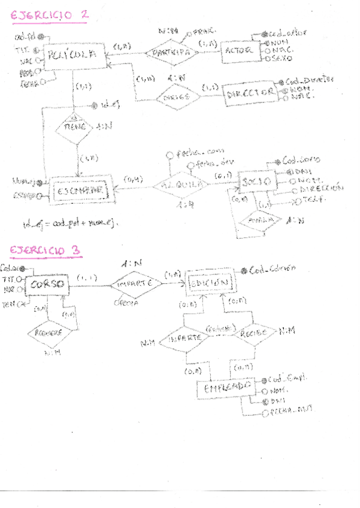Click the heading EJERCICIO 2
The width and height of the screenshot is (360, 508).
[50, 15]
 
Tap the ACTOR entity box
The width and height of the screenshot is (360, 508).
[239, 51]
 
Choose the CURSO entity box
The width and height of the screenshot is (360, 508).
[45, 285]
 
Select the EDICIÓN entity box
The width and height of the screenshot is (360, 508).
[209, 281]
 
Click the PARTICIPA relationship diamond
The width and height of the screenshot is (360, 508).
[171, 52]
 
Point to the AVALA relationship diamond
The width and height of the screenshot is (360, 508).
[259, 220]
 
